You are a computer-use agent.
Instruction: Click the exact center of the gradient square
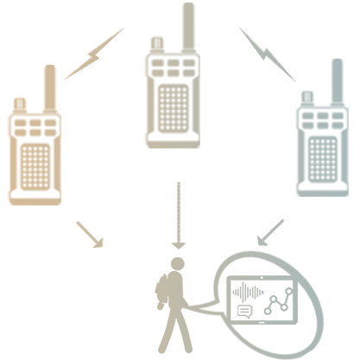pyautogui.click(x=179, y=180)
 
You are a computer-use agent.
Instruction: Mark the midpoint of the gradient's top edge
pyautogui.click(x=179, y=3)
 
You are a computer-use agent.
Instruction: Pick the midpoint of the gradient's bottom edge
pyautogui.click(x=179, y=357)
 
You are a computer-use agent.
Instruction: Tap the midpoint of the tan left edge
pyautogui.click(x=8, y=180)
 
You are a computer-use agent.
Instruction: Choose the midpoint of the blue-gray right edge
pyautogui.click(x=349, y=180)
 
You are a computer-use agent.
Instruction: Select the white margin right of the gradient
pyautogui.click(x=355, y=180)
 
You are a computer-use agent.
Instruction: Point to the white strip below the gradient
pyautogui.click(x=179, y=359)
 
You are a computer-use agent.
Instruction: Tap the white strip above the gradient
pyautogui.click(x=179, y=1)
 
